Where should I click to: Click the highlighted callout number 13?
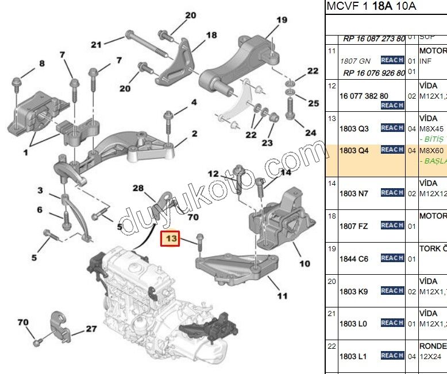172,237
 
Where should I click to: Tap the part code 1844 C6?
354,259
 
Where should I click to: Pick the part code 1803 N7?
354,193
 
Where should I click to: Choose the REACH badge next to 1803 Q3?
392,128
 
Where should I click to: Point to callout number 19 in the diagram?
281,21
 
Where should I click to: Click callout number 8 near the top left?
41,64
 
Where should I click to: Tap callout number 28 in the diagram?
138,188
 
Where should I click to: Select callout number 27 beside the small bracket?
91,329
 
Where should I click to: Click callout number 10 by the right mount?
305,263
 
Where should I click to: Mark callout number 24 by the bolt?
310,133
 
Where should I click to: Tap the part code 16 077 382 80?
364,96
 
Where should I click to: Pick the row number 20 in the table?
332,282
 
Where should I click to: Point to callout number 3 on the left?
40,190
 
